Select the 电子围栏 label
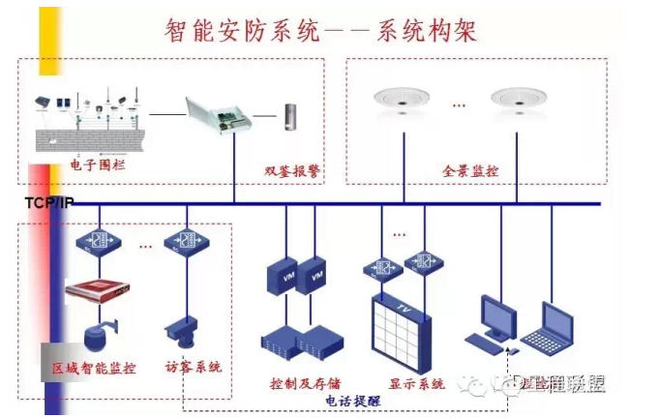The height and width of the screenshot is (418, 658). pos(97,166)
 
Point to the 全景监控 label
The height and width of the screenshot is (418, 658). pos(471,171)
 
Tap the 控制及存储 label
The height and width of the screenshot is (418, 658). pos(305,383)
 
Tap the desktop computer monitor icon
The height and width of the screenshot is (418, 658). pos(496,322)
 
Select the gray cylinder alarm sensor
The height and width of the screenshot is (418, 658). pos(289,117)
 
